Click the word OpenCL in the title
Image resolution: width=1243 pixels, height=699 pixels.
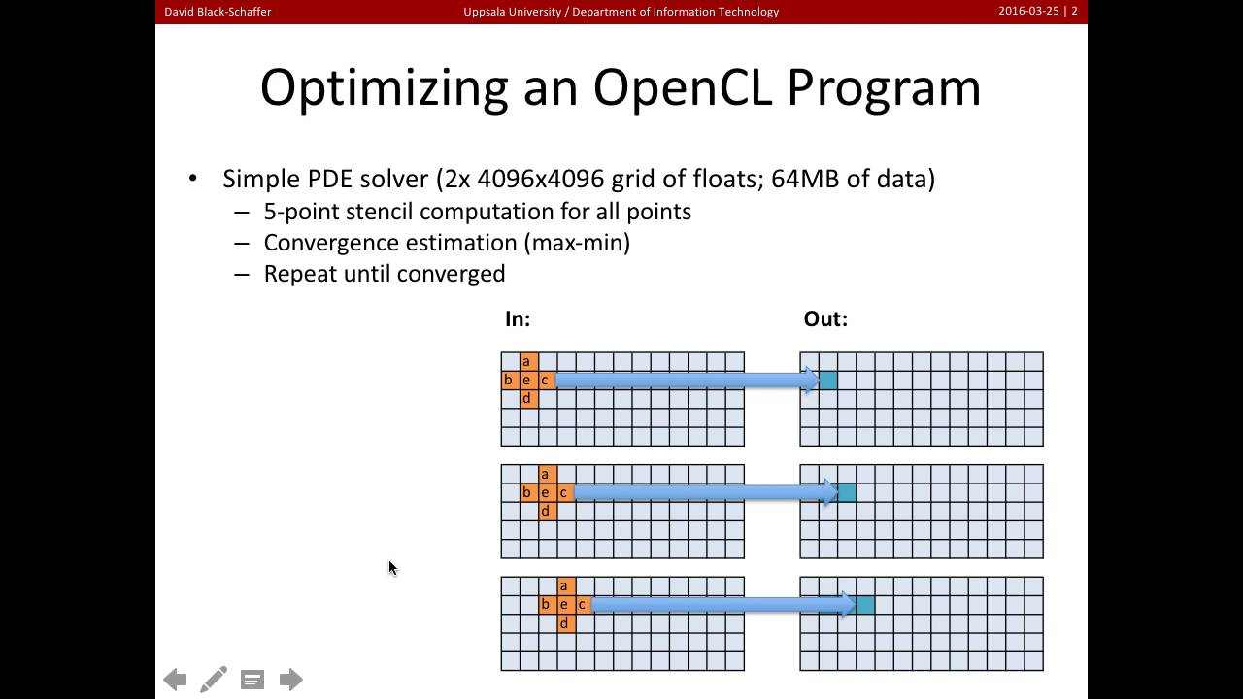(x=683, y=87)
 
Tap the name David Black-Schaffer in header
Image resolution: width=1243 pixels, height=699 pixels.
(x=218, y=12)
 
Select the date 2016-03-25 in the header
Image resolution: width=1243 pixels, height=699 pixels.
(x=1028, y=12)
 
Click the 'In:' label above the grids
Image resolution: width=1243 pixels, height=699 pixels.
(x=517, y=318)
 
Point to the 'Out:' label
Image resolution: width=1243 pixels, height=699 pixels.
(x=825, y=318)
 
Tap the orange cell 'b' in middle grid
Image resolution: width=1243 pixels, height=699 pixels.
(x=526, y=492)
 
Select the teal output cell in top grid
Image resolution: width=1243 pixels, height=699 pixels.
(x=827, y=380)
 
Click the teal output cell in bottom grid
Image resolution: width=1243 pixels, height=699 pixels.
(x=865, y=605)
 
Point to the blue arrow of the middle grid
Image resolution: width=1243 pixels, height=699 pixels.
(x=699, y=492)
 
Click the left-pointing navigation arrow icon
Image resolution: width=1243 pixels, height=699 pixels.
(x=175, y=680)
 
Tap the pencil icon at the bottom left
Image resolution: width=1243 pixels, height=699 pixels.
(x=214, y=679)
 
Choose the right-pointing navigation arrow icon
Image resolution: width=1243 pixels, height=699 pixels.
(x=291, y=680)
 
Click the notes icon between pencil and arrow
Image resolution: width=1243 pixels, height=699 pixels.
(x=252, y=680)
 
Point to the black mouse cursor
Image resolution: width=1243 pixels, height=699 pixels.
(x=392, y=568)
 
